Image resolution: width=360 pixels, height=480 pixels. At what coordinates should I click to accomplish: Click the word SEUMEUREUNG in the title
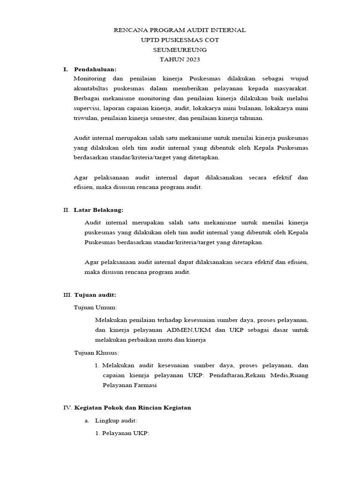[180, 50]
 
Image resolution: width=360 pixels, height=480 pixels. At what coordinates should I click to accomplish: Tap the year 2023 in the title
[189, 60]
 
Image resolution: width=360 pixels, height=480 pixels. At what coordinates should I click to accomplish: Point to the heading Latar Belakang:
[98, 210]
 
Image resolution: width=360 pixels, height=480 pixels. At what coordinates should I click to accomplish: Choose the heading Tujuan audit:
[95, 295]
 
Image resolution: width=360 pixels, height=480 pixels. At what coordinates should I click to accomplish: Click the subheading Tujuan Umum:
[96, 307]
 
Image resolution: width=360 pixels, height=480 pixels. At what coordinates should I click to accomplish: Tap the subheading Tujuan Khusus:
[97, 352]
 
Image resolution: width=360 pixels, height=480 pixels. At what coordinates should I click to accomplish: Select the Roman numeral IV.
[67, 408]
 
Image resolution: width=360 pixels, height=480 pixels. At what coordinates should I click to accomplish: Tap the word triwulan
[85, 118]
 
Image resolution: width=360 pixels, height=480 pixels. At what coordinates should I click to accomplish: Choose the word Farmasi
[144, 385]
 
